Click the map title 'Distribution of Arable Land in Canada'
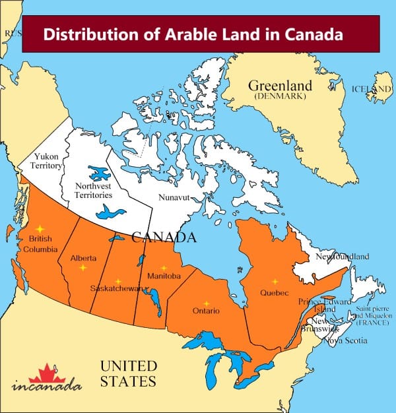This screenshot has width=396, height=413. point(193,34)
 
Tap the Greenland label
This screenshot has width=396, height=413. point(280,86)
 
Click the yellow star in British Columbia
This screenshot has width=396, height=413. point(39,228)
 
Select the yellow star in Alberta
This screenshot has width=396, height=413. point(82,269)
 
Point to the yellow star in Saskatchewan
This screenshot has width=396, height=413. point(118,282)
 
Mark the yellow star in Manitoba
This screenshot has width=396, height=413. point(164,269)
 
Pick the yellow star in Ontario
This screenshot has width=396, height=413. point(207,303)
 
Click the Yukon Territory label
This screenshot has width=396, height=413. point(46,162)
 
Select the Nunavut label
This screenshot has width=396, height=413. point(175,197)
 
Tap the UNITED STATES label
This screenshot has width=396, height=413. point(128,373)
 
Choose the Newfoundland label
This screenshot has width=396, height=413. point(342,256)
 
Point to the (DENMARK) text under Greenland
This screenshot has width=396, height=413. point(280,97)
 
